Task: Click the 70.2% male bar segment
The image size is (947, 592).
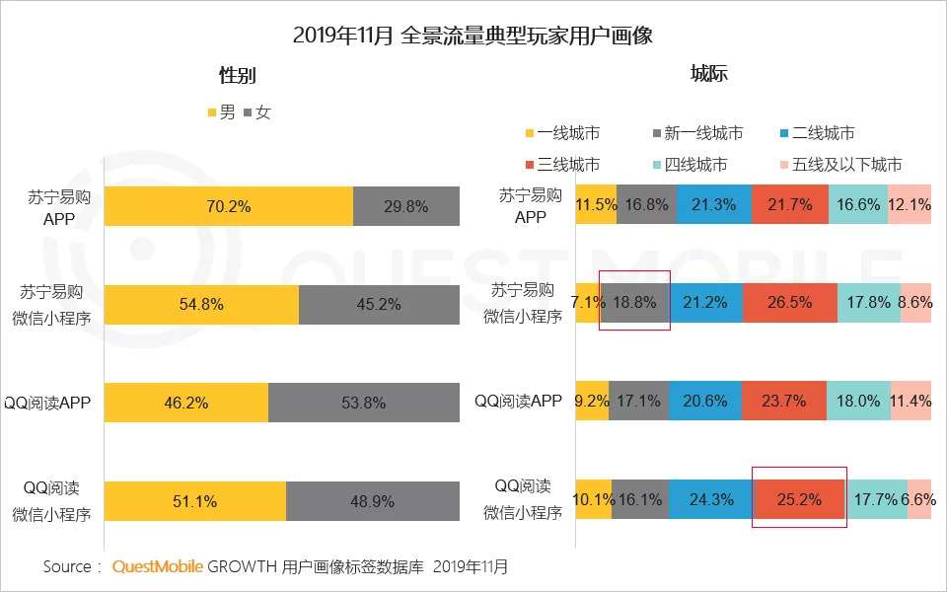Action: (x=228, y=206)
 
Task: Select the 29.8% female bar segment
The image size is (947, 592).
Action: (x=406, y=206)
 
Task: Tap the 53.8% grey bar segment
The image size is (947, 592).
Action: (x=364, y=404)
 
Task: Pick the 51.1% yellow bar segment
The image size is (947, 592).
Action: (x=194, y=501)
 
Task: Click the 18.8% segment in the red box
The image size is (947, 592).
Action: (x=635, y=303)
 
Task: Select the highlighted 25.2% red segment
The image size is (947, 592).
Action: (x=798, y=499)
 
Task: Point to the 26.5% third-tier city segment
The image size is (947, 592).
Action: (x=789, y=303)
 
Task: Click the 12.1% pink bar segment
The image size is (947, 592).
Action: (x=909, y=205)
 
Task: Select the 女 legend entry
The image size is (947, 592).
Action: (x=255, y=112)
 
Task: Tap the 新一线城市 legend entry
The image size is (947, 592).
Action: (x=696, y=133)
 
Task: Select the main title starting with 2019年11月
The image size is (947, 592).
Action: (x=473, y=37)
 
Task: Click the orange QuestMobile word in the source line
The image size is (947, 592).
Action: (x=158, y=567)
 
